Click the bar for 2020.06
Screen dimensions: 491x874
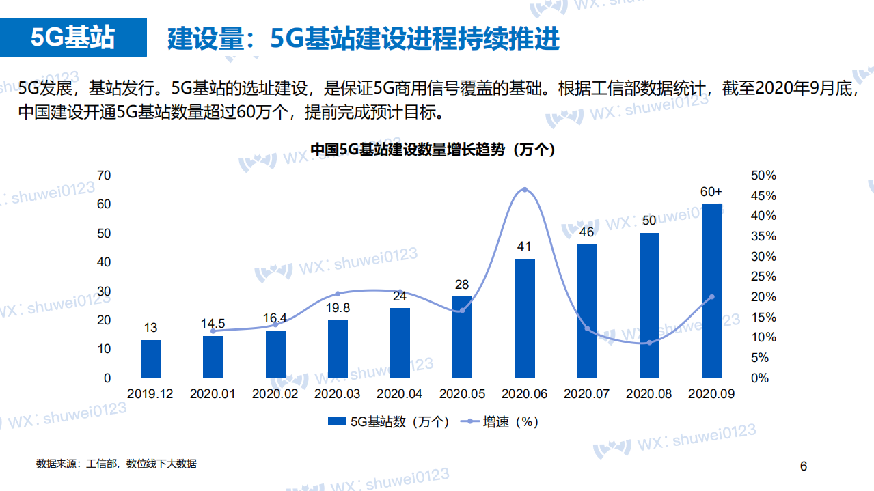[x=525, y=318]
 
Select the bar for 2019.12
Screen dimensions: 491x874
[x=150, y=359]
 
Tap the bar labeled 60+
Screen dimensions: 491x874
[x=711, y=290]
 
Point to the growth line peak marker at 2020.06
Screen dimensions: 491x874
[x=525, y=189]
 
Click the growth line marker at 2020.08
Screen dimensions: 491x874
[x=649, y=342]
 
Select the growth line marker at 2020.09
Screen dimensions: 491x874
[x=711, y=296]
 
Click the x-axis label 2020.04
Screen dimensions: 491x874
[x=400, y=394]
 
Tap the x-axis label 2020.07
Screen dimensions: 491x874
[x=587, y=394]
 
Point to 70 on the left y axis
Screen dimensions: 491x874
[x=104, y=176]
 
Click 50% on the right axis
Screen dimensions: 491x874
[x=763, y=176]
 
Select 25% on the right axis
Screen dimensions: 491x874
[x=763, y=277]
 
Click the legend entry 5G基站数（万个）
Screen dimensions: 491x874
[x=389, y=422]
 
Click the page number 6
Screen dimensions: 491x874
[x=804, y=466]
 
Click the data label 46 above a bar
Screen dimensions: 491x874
[x=587, y=232]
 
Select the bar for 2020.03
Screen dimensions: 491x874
[x=338, y=348]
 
